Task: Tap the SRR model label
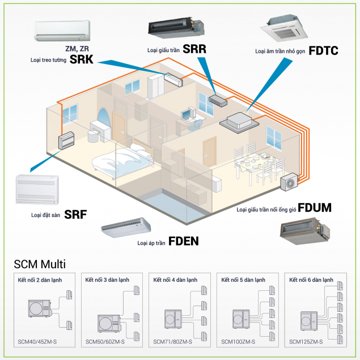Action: [x=194, y=49]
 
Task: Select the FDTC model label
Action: [x=324, y=50]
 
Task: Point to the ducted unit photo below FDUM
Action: [x=305, y=230]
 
